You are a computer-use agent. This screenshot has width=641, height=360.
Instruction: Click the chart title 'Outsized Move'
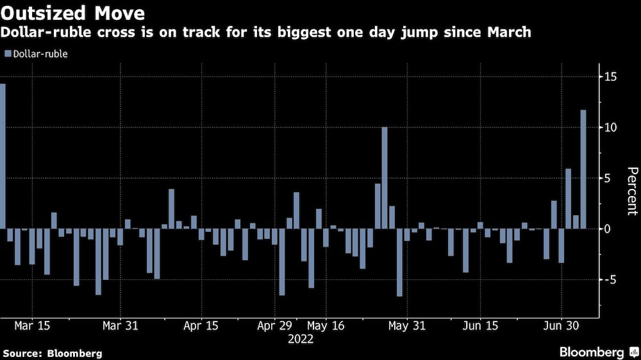click(x=72, y=13)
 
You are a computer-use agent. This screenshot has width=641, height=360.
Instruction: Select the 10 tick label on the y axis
click(x=611, y=127)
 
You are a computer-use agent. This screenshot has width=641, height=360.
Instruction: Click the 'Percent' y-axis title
click(x=632, y=191)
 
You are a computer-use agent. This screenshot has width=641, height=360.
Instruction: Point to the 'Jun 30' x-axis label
click(x=562, y=325)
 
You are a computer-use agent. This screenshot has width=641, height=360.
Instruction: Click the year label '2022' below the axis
click(x=300, y=340)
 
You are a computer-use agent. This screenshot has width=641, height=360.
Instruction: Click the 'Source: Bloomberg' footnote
click(x=53, y=353)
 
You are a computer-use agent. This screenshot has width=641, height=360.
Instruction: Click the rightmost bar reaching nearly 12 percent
click(x=583, y=169)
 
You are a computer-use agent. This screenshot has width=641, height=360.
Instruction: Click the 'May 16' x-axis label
click(x=326, y=325)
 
